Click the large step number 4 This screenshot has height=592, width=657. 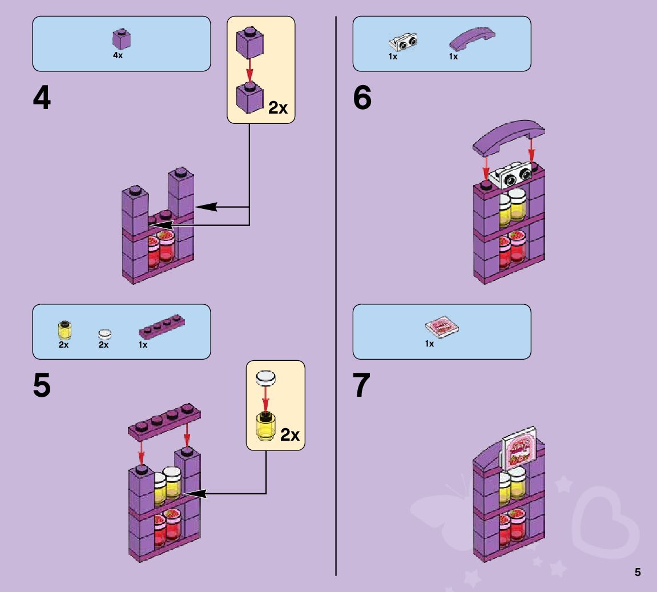(42, 99)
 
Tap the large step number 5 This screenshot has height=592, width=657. (42, 386)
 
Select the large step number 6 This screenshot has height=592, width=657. (362, 99)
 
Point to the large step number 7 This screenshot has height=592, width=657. (362, 386)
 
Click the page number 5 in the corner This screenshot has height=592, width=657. (638, 572)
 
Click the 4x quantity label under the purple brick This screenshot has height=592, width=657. (118, 56)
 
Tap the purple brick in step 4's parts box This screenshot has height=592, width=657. (121, 40)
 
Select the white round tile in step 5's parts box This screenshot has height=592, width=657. (104, 333)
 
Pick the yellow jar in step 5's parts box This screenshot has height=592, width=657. (64, 330)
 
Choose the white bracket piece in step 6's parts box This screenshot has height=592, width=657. (403, 43)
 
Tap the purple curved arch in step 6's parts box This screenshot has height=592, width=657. (472, 39)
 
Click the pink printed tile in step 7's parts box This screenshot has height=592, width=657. (442, 328)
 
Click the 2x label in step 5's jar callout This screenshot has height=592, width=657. (290, 435)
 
